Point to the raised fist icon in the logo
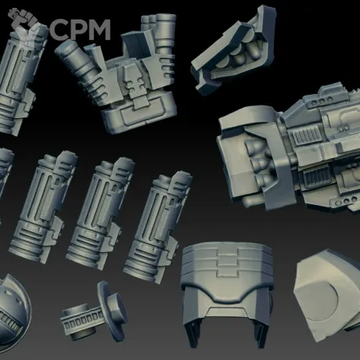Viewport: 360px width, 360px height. pos(25,25)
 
